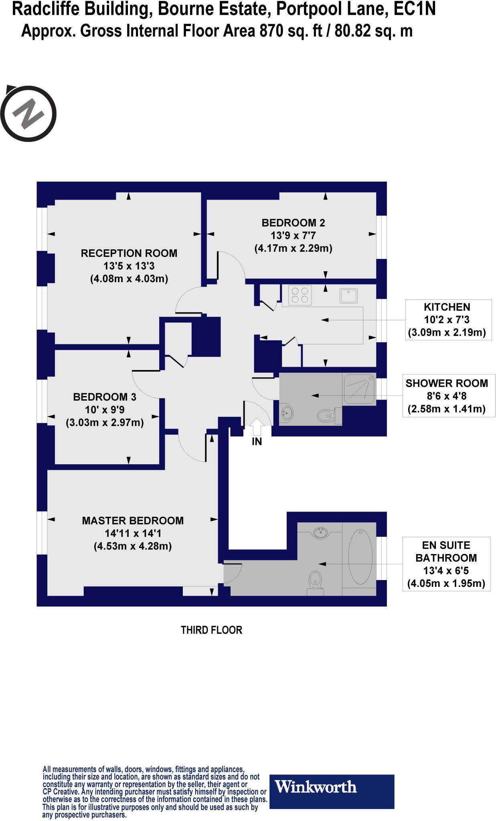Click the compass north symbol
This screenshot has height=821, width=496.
click(x=28, y=113)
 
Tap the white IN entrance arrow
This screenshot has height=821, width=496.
click(x=257, y=427)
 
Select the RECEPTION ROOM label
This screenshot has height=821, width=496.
click(x=129, y=253)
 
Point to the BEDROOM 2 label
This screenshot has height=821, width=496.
click(x=293, y=223)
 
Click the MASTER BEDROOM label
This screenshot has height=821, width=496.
click(x=133, y=521)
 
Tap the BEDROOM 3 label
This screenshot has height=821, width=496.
click(x=105, y=397)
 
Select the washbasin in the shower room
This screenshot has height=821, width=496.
click(x=287, y=413)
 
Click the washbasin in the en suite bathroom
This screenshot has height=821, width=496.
click(x=320, y=532)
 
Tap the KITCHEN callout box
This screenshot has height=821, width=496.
click(x=447, y=320)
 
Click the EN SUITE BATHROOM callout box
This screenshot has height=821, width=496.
click(x=446, y=564)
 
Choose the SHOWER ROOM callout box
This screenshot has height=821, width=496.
click(x=447, y=396)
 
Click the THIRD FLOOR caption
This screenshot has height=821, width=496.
click(x=211, y=630)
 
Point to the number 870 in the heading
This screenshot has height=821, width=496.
click(x=272, y=31)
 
